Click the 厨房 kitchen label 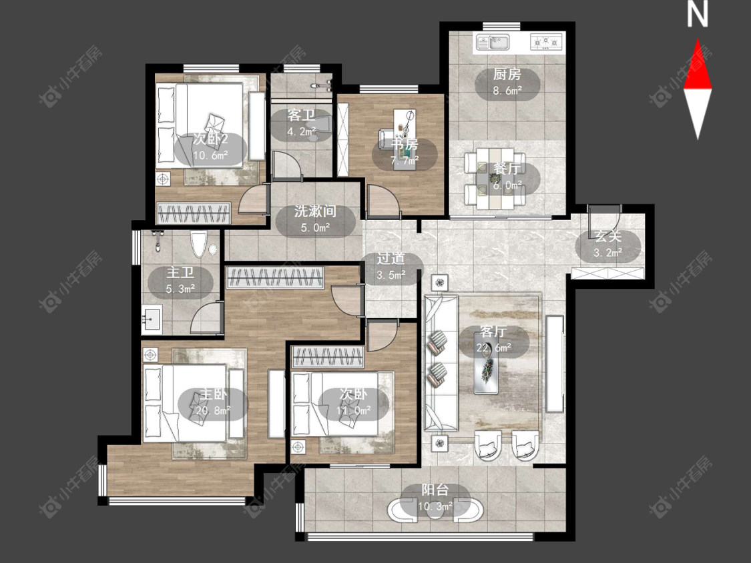(x=507, y=74)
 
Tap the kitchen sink (x=493, y=42)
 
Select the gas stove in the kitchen (x=546, y=42)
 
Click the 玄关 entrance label (x=607, y=235)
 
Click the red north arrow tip (x=698, y=40)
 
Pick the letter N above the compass (x=698, y=15)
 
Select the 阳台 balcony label (x=435, y=490)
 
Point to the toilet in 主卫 (x=198, y=244)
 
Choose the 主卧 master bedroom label (x=213, y=394)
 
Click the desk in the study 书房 (x=405, y=127)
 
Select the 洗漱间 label (x=315, y=211)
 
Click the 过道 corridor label (x=391, y=259)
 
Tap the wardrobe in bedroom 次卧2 (x=194, y=213)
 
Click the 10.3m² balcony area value (x=435, y=506)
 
